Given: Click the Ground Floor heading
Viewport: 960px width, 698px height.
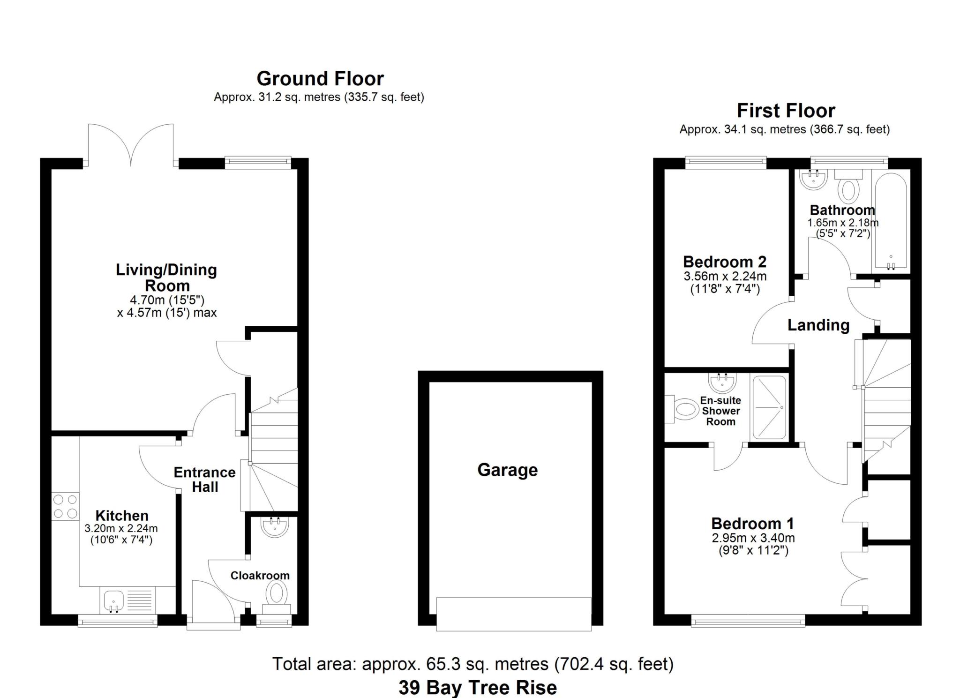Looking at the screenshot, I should pyautogui.click(x=320, y=79).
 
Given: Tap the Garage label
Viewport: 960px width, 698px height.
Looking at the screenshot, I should pyautogui.click(x=507, y=470).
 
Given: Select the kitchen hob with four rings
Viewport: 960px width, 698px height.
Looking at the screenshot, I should pyautogui.click(x=65, y=506).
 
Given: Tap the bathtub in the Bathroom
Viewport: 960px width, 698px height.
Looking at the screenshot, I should pyautogui.click(x=890, y=222).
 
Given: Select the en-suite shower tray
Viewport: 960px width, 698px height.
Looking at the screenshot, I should pyautogui.click(x=769, y=407).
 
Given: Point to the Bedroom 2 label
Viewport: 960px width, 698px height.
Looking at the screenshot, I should pyautogui.click(x=724, y=262).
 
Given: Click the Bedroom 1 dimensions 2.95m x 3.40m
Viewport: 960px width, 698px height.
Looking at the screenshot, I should pyautogui.click(x=753, y=538).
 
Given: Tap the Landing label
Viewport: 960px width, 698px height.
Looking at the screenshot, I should pyautogui.click(x=818, y=325).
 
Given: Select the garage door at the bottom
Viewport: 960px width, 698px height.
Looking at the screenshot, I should pyautogui.click(x=514, y=614).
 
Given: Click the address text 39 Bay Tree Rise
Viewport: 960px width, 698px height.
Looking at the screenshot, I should pyautogui.click(x=478, y=688).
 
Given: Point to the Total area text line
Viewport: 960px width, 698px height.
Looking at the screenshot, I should pyautogui.click(x=472, y=664).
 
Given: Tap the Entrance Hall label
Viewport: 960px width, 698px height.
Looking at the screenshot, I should pyautogui.click(x=204, y=480).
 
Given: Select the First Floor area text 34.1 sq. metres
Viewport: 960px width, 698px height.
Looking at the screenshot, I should pyautogui.click(x=784, y=129).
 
